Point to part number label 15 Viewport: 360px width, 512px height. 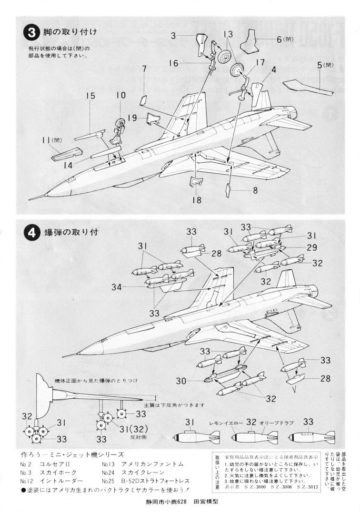(x=91, y=96)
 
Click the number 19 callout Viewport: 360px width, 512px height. (x=133, y=117)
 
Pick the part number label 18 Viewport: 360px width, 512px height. (x=197, y=200)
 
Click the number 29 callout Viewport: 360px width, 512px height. (x=312, y=247)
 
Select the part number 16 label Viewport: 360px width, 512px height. (x=173, y=63)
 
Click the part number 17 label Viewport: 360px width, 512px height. (x=260, y=62)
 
